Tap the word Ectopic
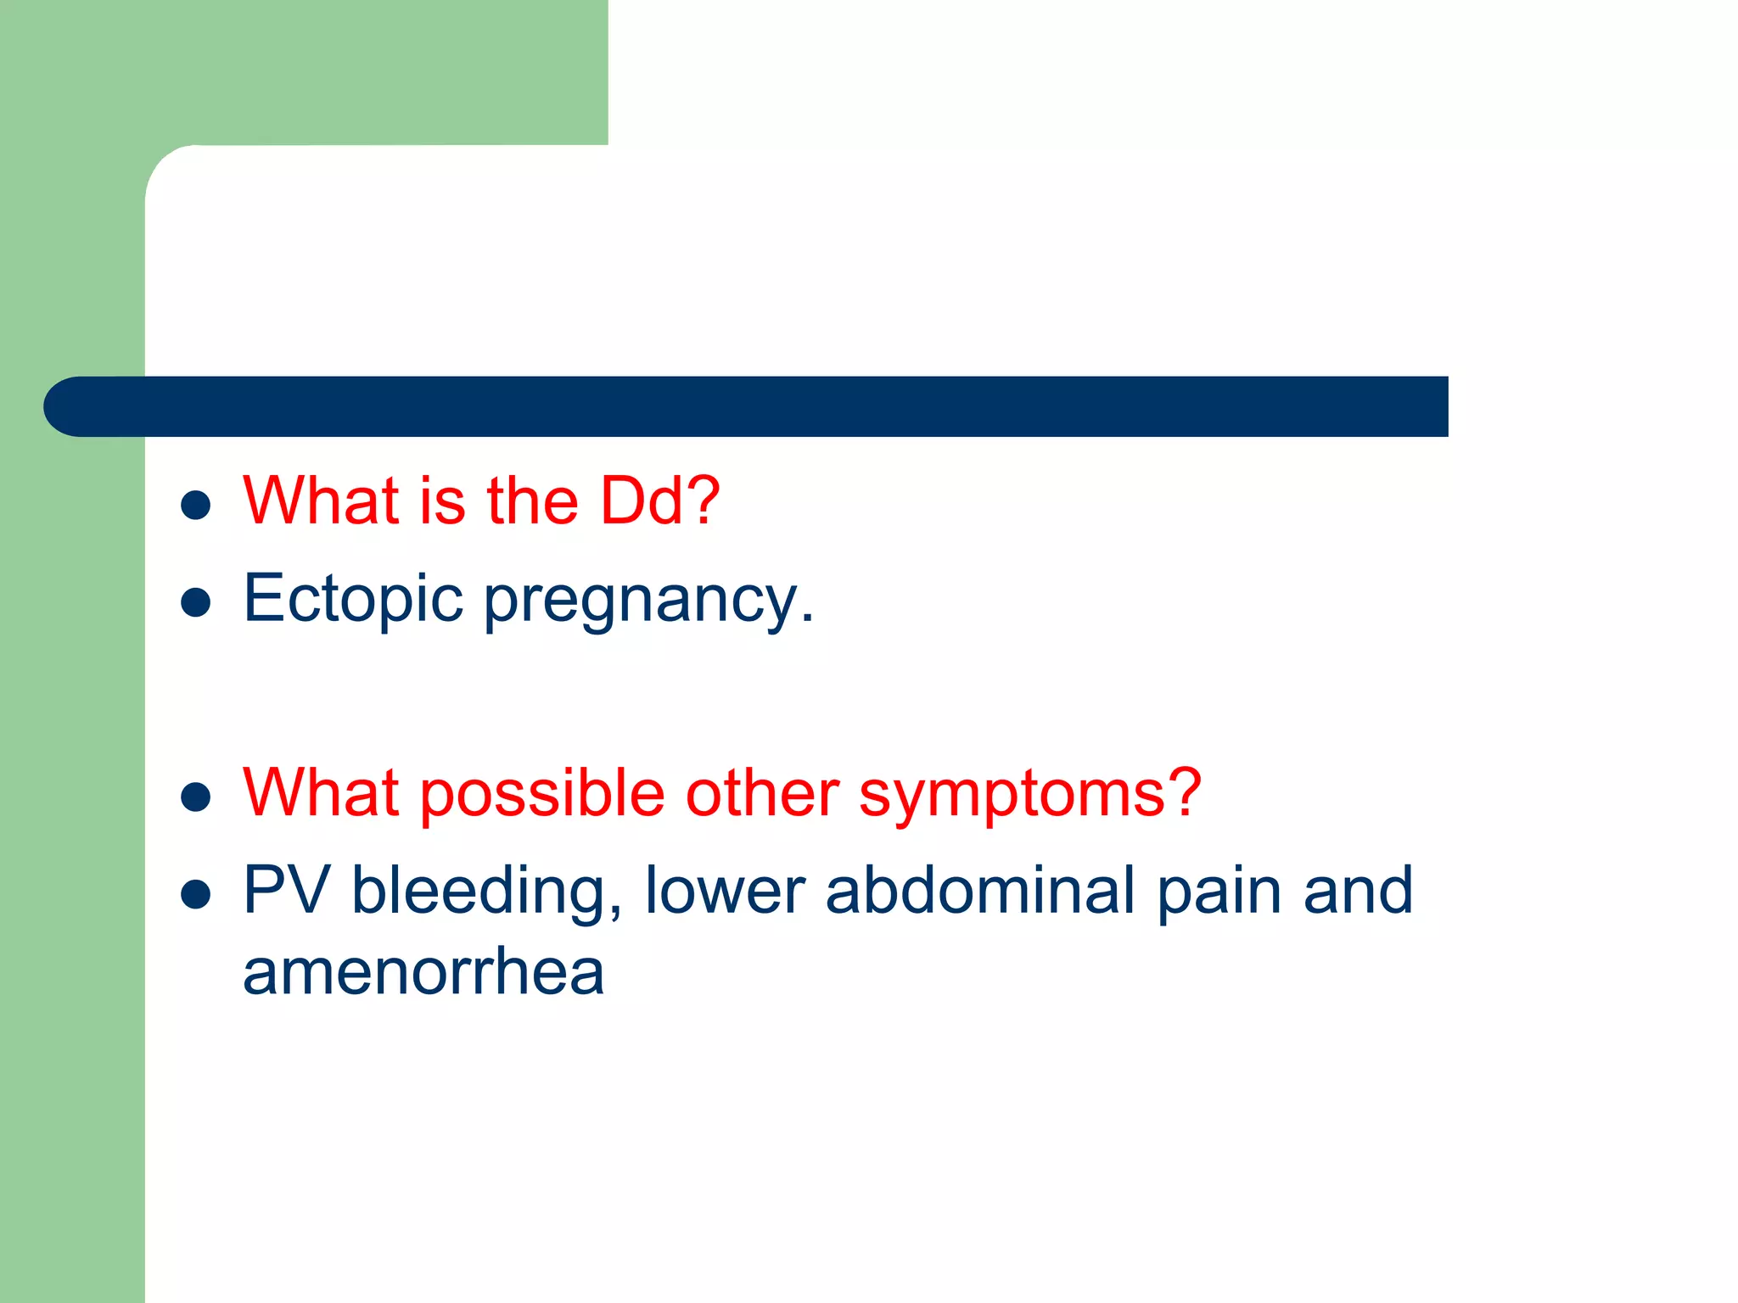353,599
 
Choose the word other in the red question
762,793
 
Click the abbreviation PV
286,890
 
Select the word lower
725,891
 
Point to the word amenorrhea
423,972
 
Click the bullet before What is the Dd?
196,505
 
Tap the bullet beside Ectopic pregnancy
196,602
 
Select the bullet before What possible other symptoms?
196,797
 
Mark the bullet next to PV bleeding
196,894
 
